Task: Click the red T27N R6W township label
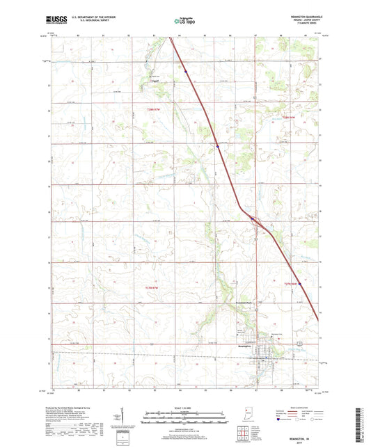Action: click(x=290, y=284)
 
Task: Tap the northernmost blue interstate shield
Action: click(x=186, y=70)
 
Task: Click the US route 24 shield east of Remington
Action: click(x=300, y=345)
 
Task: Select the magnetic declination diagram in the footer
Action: click(x=123, y=420)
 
